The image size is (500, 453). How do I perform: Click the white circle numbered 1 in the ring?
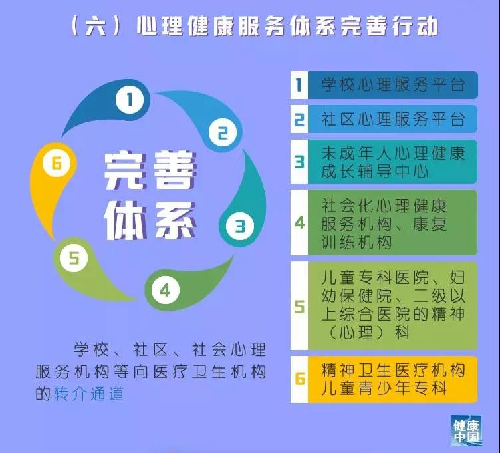130,100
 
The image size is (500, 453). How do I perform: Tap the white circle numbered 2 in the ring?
223,132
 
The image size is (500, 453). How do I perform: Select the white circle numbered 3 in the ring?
240,226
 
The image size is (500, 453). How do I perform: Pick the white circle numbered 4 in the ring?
165,290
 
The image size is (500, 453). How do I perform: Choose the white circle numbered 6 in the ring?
57,164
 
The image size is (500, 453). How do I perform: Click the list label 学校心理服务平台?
393,85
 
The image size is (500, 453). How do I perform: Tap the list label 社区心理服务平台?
393,119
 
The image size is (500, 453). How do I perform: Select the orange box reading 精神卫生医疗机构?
392,379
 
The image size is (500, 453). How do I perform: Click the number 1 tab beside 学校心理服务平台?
299,85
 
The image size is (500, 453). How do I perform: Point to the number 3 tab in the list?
299,162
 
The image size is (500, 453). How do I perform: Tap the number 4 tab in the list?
299,223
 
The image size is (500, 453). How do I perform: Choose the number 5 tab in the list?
299,305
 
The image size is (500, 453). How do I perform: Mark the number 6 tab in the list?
299,379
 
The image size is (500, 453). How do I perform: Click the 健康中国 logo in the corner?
466,430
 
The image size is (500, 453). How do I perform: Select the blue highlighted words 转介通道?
88,393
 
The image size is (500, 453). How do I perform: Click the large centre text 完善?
150,171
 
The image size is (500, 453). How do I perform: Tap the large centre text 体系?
150,221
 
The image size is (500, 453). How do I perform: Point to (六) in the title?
96,25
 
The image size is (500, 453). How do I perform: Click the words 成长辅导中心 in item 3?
375,172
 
